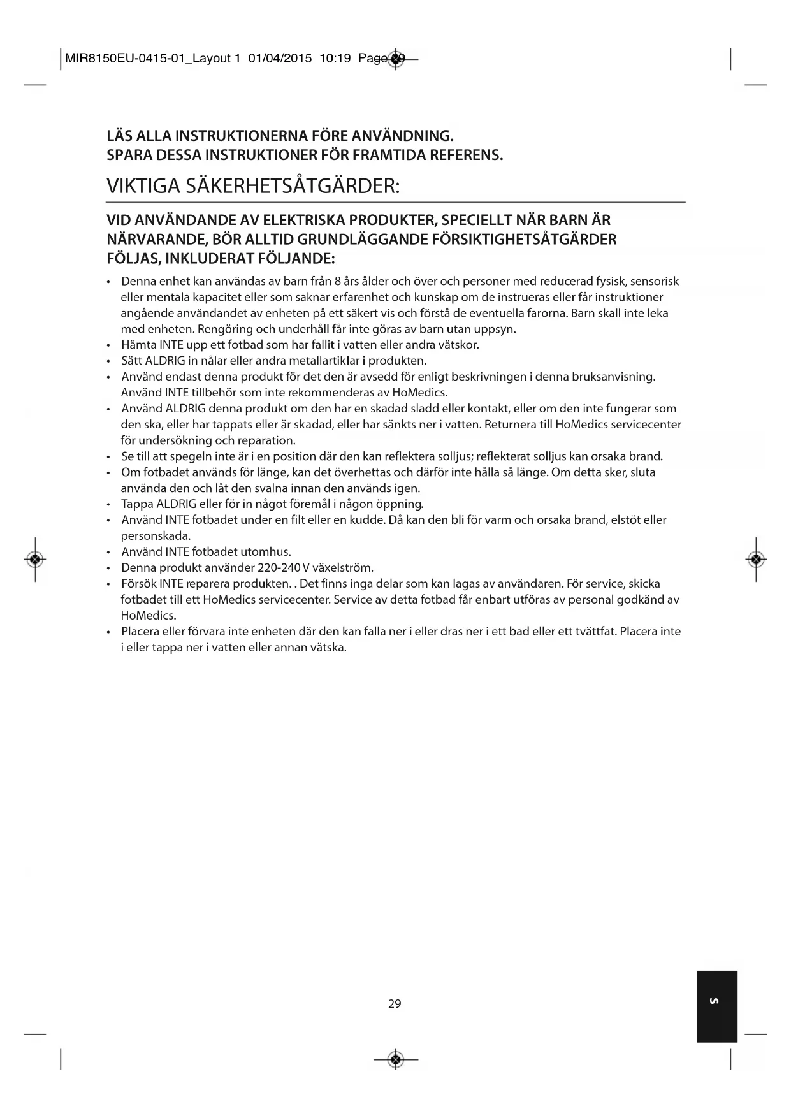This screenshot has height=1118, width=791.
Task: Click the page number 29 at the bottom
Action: coord(395,1004)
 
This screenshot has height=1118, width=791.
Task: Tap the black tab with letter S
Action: coord(716,1006)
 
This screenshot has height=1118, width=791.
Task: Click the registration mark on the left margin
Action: coord(36,559)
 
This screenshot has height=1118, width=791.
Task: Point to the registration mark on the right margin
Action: coord(755,559)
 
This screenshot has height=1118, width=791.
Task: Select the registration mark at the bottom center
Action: coord(396,1059)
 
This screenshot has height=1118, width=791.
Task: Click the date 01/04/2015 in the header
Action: coord(280,59)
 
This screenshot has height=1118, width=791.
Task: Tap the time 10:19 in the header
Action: coord(335,59)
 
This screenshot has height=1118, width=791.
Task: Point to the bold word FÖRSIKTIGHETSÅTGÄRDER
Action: coord(528,240)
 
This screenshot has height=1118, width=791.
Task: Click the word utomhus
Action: coord(266,552)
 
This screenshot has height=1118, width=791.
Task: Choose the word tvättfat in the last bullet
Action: coord(595,632)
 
